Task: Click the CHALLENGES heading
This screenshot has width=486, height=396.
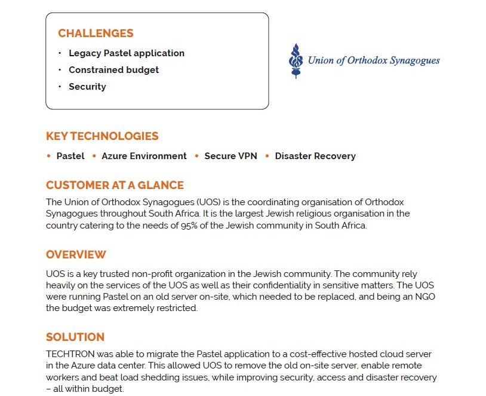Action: pyautogui.click(x=96, y=33)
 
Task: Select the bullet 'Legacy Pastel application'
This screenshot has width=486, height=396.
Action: pyautogui.click(x=127, y=53)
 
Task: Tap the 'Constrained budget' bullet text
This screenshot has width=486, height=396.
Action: pyautogui.click(x=113, y=70)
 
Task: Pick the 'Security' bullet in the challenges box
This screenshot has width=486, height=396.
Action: pyautogui.click(x=87, y=87)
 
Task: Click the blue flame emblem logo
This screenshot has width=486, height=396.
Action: pyautogui.click(x=294, y=60)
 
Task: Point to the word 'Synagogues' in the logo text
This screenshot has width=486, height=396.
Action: pyautogui.click(x=414, y=60)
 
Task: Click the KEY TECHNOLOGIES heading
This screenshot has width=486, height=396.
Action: pyautogui.click(x=102, y=136)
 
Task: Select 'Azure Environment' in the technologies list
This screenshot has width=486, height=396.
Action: pyautogui.click(x=144, y=156)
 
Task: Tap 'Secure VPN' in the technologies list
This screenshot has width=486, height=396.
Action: pyautogui.click(x=230, y=156)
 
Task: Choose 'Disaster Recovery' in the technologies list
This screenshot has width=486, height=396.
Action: pyautogui.click(x=315, y=156)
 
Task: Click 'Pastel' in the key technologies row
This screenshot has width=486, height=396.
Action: pyautogui.click(x=70, y=156)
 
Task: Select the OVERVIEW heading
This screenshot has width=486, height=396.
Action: pyautogui.click(x=76, y=255)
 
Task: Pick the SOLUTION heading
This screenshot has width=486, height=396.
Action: pyautogui.click(x=75, y=337)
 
